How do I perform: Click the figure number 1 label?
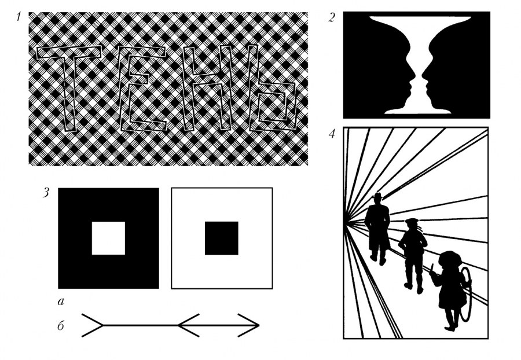(19, 16)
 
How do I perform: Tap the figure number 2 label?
(332, 17)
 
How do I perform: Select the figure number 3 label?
(46, 193)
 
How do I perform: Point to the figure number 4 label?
(332, 134)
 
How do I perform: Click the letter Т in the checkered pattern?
(71, 87)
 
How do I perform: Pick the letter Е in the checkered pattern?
(142, 89)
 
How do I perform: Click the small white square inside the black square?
(108, 238)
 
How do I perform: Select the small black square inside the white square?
(222, 238)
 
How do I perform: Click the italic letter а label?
(60, 302)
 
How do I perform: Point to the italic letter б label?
(60, 326)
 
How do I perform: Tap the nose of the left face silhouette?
(412, 78)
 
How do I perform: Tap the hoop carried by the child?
(465, 294)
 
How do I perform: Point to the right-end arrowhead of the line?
(249, 325)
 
